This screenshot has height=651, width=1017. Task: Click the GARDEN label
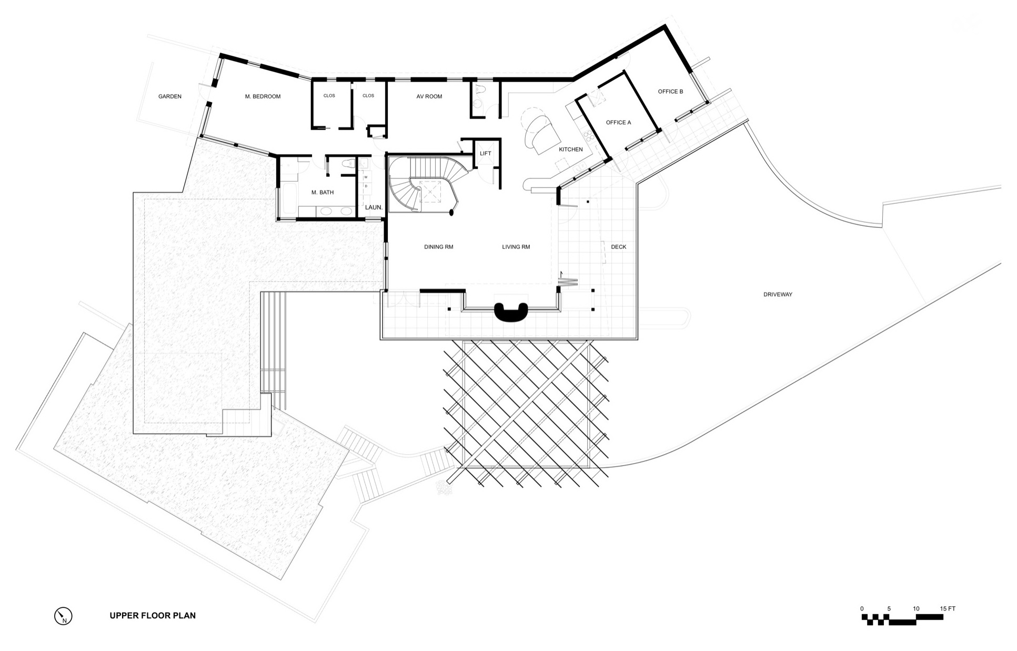pos(170,97)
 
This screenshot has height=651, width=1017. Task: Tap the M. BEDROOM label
pos(263,97)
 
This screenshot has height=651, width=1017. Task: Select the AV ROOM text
pos(429,97)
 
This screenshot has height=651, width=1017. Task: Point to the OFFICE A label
pos(618,123)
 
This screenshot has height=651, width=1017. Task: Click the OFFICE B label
pos(670,92)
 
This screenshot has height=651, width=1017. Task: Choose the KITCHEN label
pos(571,149)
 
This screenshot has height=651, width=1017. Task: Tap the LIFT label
pos(485,154)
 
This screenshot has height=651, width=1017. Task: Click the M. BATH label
pos(323,193)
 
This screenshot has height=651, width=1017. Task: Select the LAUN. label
pos(374,208)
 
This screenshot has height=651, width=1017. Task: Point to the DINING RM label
pos(439,247)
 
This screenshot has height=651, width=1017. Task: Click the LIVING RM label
pos(516,247)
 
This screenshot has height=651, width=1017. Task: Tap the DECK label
pos(619,247)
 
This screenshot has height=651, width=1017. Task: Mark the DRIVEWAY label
pos(778,295)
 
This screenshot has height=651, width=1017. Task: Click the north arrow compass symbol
pos(63,616)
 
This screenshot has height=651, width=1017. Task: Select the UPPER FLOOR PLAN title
pos(153,616)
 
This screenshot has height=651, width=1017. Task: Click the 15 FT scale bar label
pos(948,609)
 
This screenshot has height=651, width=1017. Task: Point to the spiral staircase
pos(424,184)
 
